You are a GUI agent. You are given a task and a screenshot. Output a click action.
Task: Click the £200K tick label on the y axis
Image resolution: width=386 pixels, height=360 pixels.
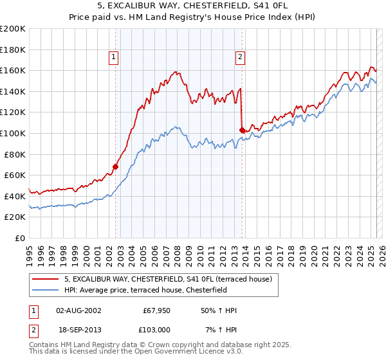pyautogui.click(x=13, y=28)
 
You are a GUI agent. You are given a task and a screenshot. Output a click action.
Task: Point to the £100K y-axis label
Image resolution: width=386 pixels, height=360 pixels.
pyautogui.click(x=13, y=133)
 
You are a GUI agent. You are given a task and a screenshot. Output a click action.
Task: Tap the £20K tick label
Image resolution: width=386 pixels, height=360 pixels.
pyautogui.click(x=15, y=217)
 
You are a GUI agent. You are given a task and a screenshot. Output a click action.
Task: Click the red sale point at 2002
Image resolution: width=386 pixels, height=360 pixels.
pyautogui.click(x=116, y=166)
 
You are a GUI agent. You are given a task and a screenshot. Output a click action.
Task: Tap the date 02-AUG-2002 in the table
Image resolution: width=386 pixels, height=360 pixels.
pyautogui.click(x=78, y=310)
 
